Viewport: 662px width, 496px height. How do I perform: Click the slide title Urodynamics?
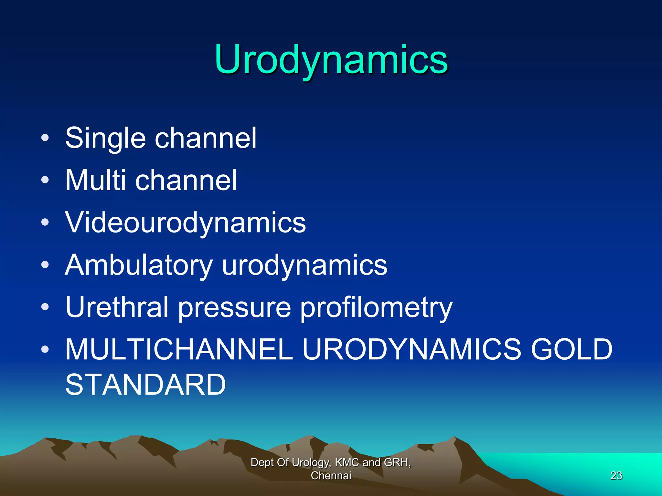331,60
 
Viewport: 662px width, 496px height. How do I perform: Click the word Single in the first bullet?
105,138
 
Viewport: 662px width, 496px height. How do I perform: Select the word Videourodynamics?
185,222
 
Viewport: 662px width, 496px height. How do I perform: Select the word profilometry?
376,307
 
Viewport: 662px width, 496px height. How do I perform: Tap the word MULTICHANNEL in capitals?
179,349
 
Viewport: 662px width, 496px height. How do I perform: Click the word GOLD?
571,349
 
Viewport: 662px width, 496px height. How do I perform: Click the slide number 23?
616,475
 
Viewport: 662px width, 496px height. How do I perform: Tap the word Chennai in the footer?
331,476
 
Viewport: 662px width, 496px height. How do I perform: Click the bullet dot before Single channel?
45,138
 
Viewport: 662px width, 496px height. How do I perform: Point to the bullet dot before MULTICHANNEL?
45,349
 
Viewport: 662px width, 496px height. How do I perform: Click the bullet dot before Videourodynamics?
45,222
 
